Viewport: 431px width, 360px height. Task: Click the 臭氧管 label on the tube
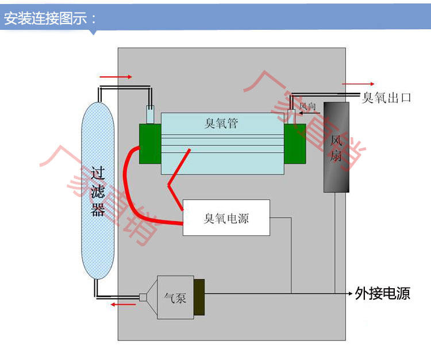(221, 123)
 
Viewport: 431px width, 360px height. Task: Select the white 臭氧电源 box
(226, 218)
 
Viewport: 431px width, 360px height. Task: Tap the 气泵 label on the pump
(175, 298)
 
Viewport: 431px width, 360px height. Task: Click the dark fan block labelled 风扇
(336, 147)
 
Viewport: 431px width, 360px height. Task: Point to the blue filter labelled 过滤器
(98, 191)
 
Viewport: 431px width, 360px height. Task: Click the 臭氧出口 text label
(386, 98)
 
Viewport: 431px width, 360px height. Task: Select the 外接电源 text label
(382, 293)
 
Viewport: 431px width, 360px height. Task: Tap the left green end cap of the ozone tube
(150, 144)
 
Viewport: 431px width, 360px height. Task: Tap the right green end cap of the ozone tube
(295, 144)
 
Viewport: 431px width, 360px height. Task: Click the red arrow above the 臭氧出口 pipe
(358, 84)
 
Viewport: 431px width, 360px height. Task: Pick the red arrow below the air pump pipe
(123, 304)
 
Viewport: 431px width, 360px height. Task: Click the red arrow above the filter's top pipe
(116, 77)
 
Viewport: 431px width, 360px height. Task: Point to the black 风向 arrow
(310, 113)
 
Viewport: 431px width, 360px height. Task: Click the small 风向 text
(307, 106)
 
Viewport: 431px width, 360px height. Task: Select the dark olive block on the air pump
(199, 297)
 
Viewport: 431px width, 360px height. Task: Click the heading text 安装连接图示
(45, 18)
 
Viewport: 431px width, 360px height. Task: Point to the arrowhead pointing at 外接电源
(351, 293)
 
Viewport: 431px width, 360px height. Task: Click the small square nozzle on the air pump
(143, 297)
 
